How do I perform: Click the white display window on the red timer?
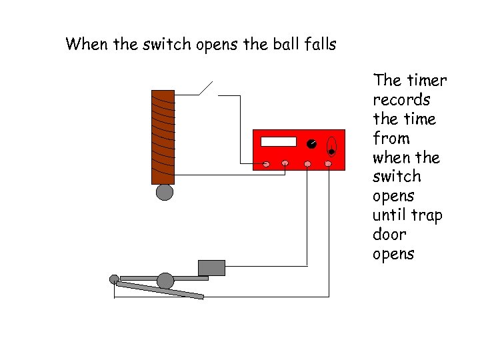coord(279,141)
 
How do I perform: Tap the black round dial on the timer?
coord(311,144)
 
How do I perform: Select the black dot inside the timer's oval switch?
coord(331,152)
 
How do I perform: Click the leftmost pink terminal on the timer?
coord(266,163)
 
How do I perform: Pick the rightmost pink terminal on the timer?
coord(328,163)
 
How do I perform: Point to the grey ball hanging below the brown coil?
coord(164,193)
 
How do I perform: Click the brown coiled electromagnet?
coord(163,137)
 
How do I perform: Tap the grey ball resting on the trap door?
coord(165,281)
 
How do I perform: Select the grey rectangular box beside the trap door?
coord(211,267)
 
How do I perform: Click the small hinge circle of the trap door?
coord(114,279)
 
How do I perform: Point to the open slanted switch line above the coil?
coord(205,89)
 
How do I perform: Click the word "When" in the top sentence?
coord(82,45)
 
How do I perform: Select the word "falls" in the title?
coord(320,45)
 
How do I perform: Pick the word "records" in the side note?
coord(401,100)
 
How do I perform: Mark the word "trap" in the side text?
coord(427,216)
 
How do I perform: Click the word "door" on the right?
coord(390,235)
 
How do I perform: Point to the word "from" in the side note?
coord(391,139)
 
